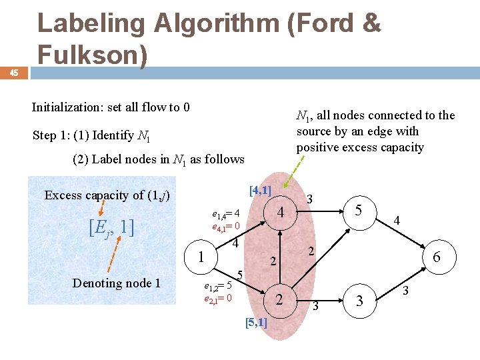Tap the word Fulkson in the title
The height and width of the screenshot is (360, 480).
click(92, 55)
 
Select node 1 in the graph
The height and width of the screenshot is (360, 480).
click(201, 257)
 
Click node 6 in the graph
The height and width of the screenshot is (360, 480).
click(436, 256)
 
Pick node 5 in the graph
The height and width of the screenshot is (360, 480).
click(358, 211)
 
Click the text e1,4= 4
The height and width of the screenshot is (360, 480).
click(225, 214)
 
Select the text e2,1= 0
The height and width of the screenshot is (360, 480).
click(217, 298)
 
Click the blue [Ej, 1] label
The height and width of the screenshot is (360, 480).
click(111, 227)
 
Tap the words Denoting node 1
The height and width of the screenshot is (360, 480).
click(116, 283)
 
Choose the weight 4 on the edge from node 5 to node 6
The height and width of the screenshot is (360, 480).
click(397, 219)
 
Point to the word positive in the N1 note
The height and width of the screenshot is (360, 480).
click(318, 147)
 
